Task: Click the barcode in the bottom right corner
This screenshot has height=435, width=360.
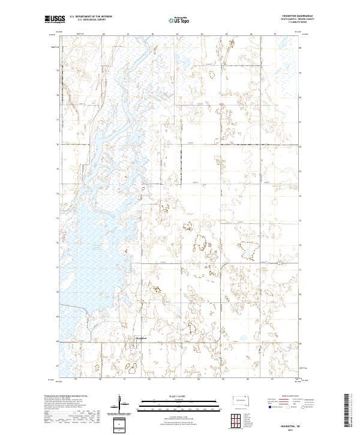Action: click(349, 405)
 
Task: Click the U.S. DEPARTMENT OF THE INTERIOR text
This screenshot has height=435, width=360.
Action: click(88, 17)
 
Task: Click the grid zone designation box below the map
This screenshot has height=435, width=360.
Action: click(119, 424)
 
